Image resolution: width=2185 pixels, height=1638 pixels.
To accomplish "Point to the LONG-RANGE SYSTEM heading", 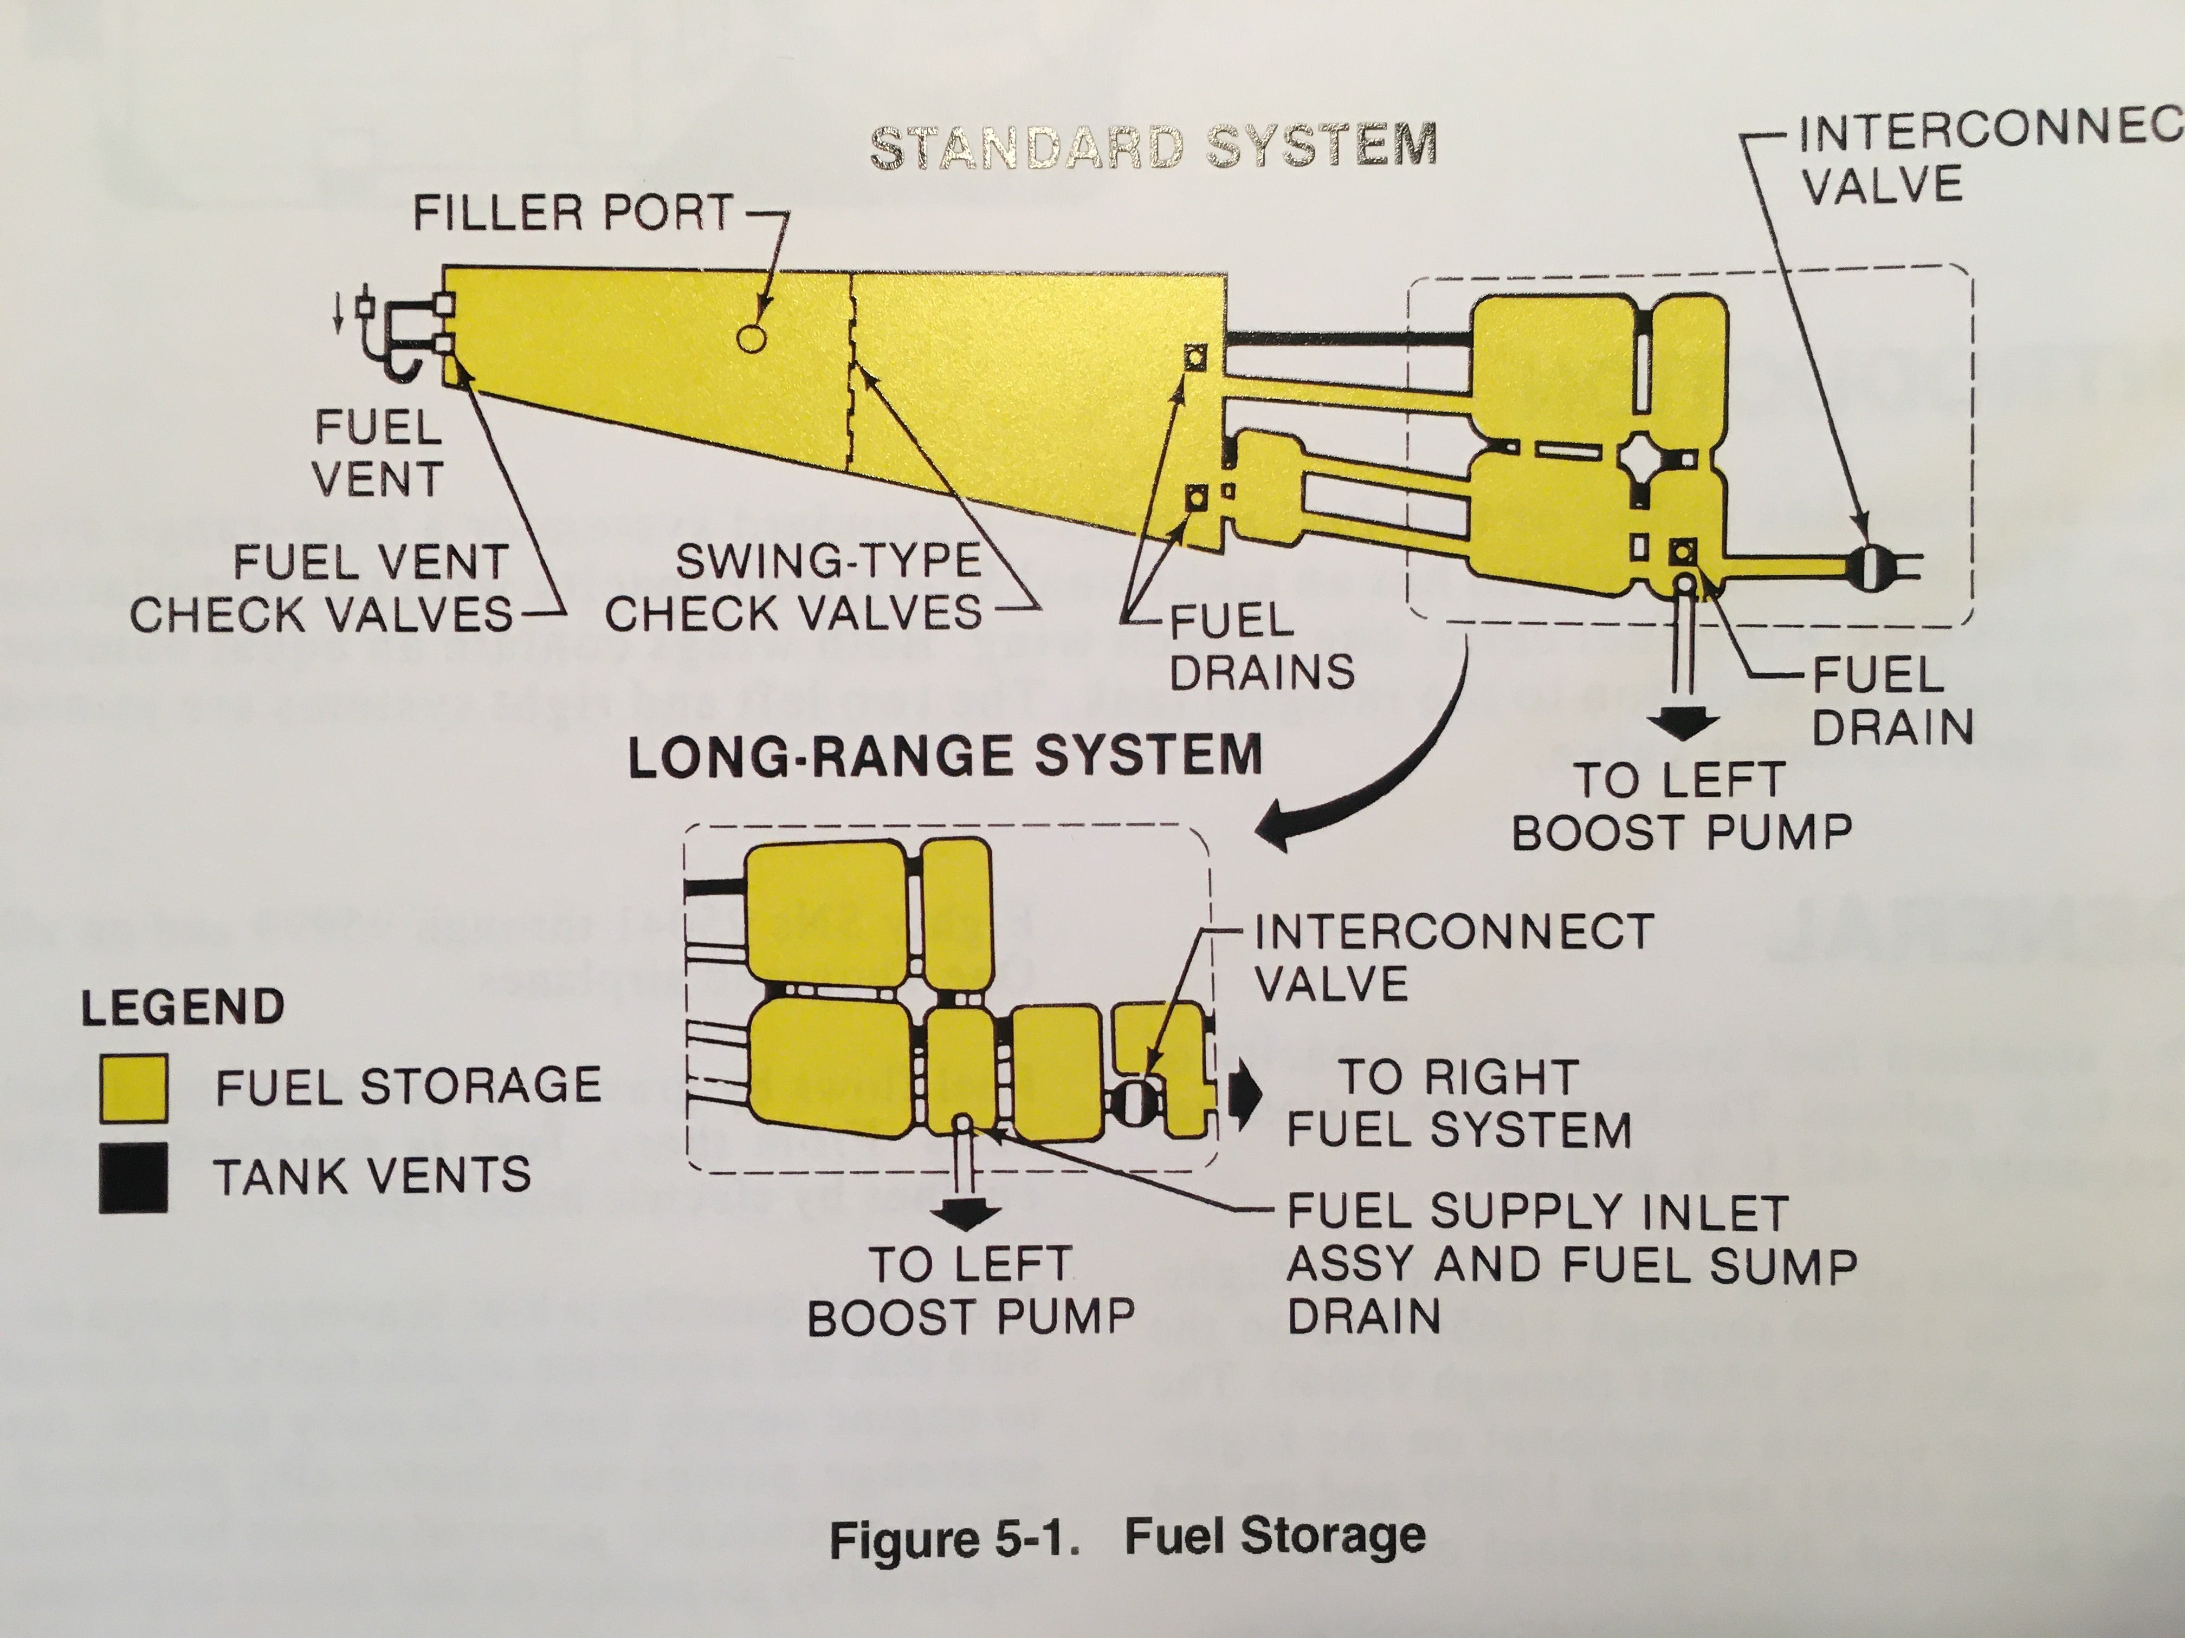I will coord(945,755).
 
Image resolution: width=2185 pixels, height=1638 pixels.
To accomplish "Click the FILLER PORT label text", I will coord(573,213).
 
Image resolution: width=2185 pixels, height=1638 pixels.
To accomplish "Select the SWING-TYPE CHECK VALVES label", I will coord(793,588).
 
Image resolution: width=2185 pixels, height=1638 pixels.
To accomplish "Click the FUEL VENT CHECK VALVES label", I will coord(321,589).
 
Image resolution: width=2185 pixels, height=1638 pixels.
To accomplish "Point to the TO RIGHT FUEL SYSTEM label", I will coord(1458,1103).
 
